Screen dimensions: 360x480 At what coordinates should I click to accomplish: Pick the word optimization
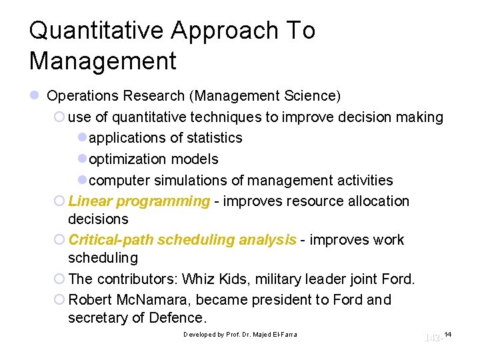click(129, 159)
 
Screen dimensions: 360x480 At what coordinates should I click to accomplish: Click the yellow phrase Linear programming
click(139, 201)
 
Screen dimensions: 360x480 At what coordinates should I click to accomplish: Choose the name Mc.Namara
click(155, 300)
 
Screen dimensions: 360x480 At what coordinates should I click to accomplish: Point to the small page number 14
click(447, 333)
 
